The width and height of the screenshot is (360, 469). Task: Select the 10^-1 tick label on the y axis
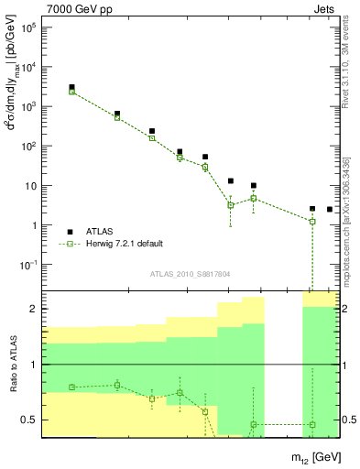point(29,265)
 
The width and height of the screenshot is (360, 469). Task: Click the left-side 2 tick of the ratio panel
point(36,309)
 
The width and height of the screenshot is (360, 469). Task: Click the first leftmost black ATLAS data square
point(71,87)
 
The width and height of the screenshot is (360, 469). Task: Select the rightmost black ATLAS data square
point(330,210)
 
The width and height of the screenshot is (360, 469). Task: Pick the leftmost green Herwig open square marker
point(71,92)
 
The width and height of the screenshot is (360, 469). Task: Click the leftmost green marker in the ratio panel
point(71,387)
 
